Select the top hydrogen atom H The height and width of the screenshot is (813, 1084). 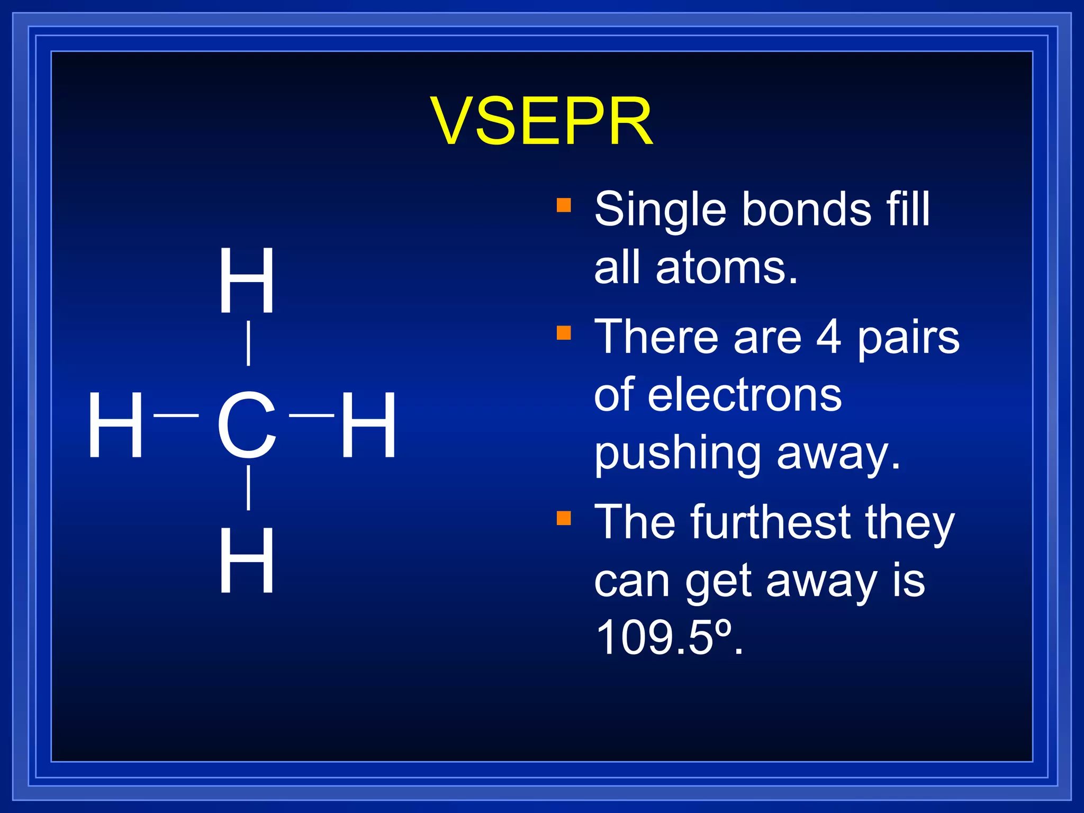(x=247, y=281)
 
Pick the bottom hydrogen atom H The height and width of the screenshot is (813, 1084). (x=247, y=561)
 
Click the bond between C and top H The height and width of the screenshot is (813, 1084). (x=248, y=343)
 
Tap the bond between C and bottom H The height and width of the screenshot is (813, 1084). (x=248, y=487)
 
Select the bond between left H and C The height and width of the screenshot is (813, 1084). (x=176, y=416)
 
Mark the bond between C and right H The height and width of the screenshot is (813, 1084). (x=312, y=416)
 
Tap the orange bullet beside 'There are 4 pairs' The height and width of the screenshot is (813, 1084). (x=564, y=333)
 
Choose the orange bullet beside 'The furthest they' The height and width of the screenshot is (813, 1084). (x=564, y=518)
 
